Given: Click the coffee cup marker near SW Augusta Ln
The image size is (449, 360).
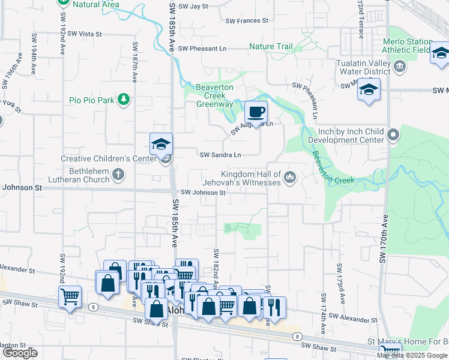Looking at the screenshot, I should pyautogui.click(x=256, y=113).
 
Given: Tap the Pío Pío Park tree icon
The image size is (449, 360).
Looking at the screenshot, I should pyautogui.click(x=123, y=100).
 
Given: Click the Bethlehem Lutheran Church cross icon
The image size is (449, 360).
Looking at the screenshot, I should pyautogui.click(x=118, y=175).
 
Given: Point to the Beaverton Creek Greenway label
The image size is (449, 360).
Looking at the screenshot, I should pyautogui.click(x=215, y=95).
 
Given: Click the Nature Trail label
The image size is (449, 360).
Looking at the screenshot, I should pyautogui.click(x=271, y=47).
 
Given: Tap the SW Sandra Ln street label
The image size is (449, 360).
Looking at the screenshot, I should pyautogui.click(x=220, y=155).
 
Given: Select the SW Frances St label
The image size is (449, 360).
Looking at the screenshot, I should pyautogui.click(x=247, y=21).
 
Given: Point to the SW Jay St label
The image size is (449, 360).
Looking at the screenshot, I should pyautogui.click(x=190, y=7).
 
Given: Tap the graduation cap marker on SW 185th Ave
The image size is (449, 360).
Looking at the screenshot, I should pyautogui.click(x=161, y=145).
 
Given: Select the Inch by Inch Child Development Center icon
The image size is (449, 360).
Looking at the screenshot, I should pyautogui.click(x=394, y=135).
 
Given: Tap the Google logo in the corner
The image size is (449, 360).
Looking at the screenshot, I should pyautogui.click(x=20, y=353).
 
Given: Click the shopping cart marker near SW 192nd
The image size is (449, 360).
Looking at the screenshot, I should pyautogui.click(x=70, y=296).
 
